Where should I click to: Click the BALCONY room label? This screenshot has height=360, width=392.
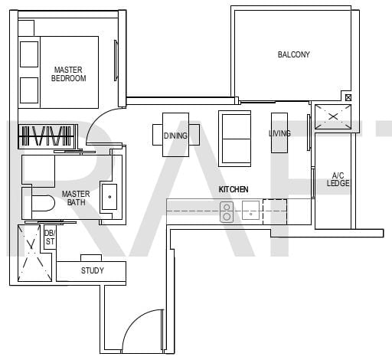point(293,54)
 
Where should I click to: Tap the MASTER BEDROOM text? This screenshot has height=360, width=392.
point(68,74)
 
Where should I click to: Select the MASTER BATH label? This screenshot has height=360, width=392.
point(76,198)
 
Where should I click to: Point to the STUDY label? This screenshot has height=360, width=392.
point(93,270)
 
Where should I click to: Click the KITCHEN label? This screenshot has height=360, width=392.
point(234,189)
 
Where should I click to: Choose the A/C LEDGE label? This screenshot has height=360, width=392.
point(338,179)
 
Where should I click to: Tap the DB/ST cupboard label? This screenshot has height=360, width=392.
point(50,237)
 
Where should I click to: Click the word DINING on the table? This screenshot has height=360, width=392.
point(175,136)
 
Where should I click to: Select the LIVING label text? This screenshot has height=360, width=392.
point(279,133)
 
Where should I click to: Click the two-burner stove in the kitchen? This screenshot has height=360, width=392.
point(227,212)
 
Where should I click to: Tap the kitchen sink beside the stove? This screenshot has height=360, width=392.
point(250,211)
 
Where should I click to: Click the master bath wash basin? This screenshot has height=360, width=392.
point(109,197)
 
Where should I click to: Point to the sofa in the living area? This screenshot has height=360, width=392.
point(235,139)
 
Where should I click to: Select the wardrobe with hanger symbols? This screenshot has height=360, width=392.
point(48,136)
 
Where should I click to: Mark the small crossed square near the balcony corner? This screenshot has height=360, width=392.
point(348,97)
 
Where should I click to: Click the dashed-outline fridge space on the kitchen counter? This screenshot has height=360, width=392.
point(275,211)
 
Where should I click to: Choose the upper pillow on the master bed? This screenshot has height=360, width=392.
point(29,54)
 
